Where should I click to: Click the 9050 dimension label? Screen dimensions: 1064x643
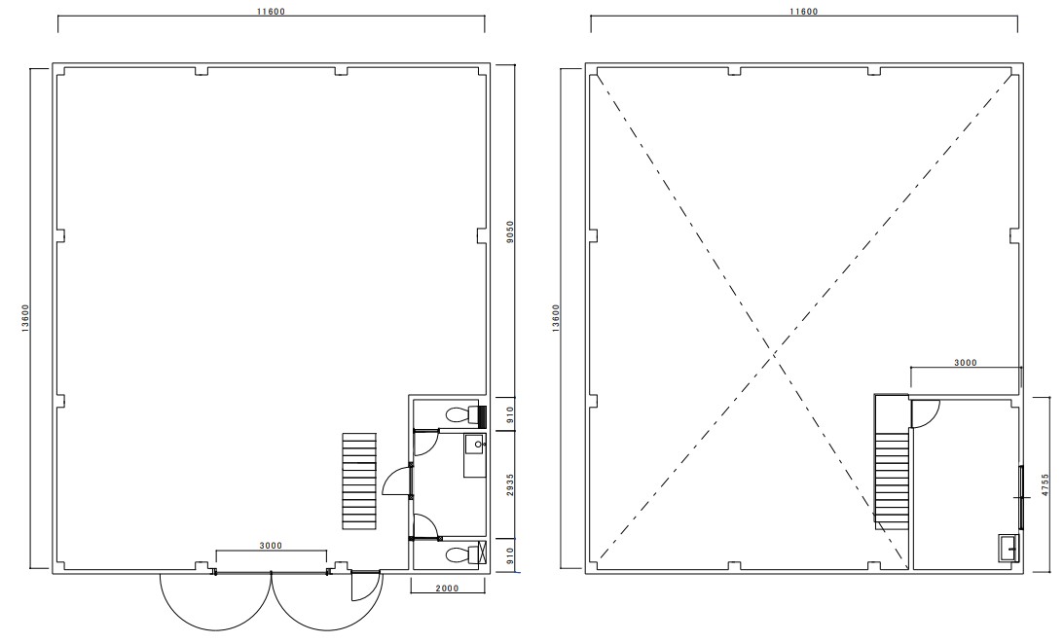(509, 231)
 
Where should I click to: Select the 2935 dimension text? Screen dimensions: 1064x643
(509, 485)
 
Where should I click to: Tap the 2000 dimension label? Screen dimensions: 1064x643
(447, 589)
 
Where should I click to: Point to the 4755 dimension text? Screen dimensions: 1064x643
(1045, 485)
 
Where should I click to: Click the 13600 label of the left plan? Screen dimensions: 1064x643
(24, 317)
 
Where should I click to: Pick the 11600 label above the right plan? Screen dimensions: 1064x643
(803, 12)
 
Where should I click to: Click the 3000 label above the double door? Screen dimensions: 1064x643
(271, 546)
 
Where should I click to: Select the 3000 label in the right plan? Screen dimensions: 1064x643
(966, 362)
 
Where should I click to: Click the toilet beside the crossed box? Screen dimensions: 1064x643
(459, 554)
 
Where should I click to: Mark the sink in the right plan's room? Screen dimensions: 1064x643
(1009, 548)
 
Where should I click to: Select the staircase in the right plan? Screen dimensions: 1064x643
(892, 461)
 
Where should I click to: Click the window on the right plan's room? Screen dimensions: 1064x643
(1020, 497)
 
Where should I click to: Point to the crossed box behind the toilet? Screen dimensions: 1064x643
(483, 553)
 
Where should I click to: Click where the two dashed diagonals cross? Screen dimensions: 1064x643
(774, 354)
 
